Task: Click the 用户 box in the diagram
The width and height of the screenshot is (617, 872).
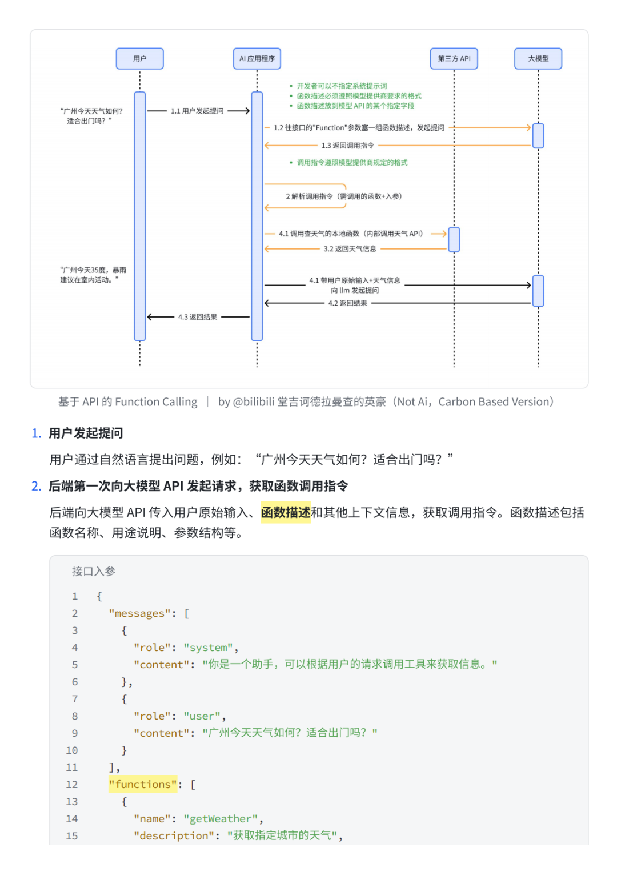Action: click(139, 59)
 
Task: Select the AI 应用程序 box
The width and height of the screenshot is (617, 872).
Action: click(257, 59)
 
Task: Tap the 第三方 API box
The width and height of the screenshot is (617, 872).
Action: click(454, 59)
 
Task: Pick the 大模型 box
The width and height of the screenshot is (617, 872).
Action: click(538, 59)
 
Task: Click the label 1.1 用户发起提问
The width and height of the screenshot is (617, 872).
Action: click(197, 111)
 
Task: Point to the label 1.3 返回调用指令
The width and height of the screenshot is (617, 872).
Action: click(347, 146)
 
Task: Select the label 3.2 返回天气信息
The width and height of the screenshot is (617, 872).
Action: click(350, 249)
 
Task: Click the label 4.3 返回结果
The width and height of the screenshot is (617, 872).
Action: click(197, 317)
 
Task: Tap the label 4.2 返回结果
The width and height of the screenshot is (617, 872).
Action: click(347, 303)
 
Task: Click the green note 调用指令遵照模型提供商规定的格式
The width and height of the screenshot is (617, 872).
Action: click(352, 163)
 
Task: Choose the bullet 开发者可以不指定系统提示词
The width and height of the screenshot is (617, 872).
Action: click(342, 86)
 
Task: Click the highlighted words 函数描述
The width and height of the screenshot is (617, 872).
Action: click(286, 512)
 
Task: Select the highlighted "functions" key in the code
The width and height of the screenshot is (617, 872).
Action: click(143, 785)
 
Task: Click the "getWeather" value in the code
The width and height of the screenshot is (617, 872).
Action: click(221, 819)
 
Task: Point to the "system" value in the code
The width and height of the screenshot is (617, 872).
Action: click(208, 648)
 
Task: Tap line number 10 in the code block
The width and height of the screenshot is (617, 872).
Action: click(72, 750)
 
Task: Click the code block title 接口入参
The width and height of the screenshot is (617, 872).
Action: click(94, 571)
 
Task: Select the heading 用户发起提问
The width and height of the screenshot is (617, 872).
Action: click(86, 433)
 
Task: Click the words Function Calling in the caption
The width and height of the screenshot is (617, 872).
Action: click(156, 402)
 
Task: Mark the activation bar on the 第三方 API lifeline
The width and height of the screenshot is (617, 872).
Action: click(454, 239)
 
